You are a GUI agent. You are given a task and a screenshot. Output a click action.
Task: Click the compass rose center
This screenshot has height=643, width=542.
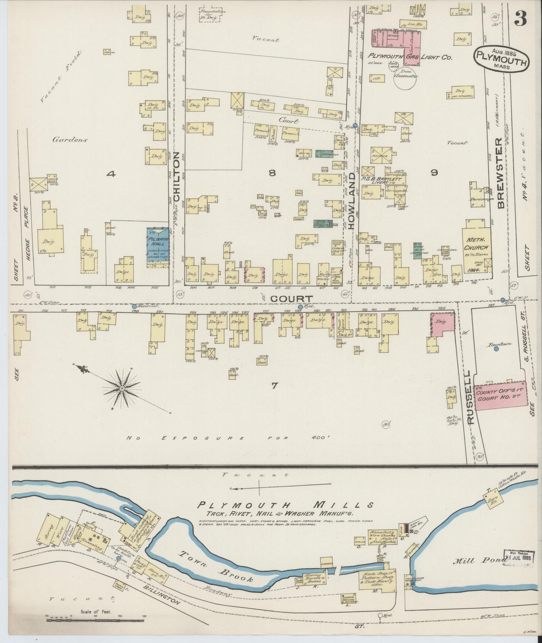click(122, 389)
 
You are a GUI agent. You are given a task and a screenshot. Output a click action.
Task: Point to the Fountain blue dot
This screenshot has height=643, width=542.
click(496, 349)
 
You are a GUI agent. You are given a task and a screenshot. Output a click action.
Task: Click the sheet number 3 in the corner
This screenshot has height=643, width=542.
click(520, 18)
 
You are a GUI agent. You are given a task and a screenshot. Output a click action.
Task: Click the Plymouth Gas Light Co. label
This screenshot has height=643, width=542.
click(411, 58)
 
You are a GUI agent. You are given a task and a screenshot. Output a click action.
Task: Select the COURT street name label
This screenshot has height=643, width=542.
click(287, 299)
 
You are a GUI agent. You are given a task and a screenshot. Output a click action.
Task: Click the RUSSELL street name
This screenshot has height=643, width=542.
click(472, 397)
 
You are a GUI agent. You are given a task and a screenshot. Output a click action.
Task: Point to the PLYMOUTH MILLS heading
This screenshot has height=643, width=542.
click(285, 505)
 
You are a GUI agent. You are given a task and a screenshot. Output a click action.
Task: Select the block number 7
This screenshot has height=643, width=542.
click(274, 385)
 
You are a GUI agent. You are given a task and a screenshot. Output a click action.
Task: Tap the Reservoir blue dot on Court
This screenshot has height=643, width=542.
click(135, 306)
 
